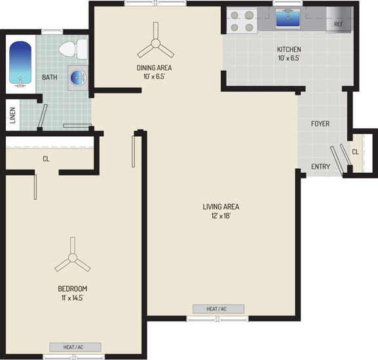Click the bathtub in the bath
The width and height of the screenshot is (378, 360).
(20, 64)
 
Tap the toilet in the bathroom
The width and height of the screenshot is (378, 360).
(73, 49)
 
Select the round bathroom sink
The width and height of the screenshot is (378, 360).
(78, 77)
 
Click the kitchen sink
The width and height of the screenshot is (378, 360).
(288, 18)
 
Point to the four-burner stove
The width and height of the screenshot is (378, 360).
(242, 20)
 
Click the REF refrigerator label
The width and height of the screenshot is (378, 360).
(339, 24)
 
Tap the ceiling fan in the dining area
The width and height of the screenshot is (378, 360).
(155, 41)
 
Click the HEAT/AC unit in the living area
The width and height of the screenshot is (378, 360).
(218, 309)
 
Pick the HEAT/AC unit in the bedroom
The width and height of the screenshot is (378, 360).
(75, 348)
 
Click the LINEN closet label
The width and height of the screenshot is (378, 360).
(12, 115)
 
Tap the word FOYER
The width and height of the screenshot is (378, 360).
(320, 124)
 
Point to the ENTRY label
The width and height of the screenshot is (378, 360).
(320, 166)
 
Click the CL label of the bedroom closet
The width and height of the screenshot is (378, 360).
(46, 159)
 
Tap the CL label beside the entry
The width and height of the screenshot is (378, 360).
(355, 152)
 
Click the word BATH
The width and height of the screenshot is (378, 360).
(50, 77)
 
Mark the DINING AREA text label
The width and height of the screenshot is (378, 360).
(155, 68)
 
